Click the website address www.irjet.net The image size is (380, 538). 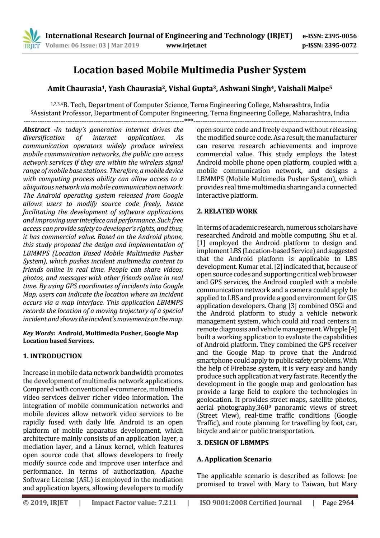pyautogui.click(x=187, y=45)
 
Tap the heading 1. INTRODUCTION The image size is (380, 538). pyautogui.click(x=52, y=356)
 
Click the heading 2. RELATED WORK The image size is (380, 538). pyautogui.click(x=227, y=211)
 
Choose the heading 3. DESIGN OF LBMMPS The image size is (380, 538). pyautogui.click(x=233, y=443)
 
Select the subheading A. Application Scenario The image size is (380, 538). pyautogui.click(x=234, y=459)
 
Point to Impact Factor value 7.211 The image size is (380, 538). pyautogui.click(x=167, y=503)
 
